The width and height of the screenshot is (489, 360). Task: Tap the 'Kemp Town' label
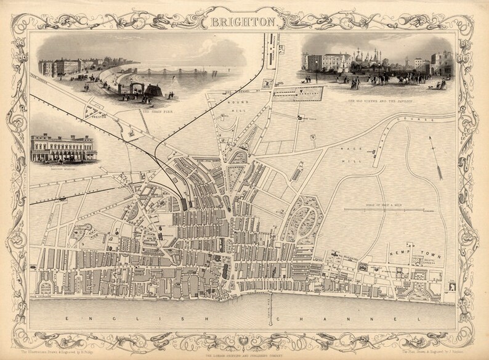click(405, 252)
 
